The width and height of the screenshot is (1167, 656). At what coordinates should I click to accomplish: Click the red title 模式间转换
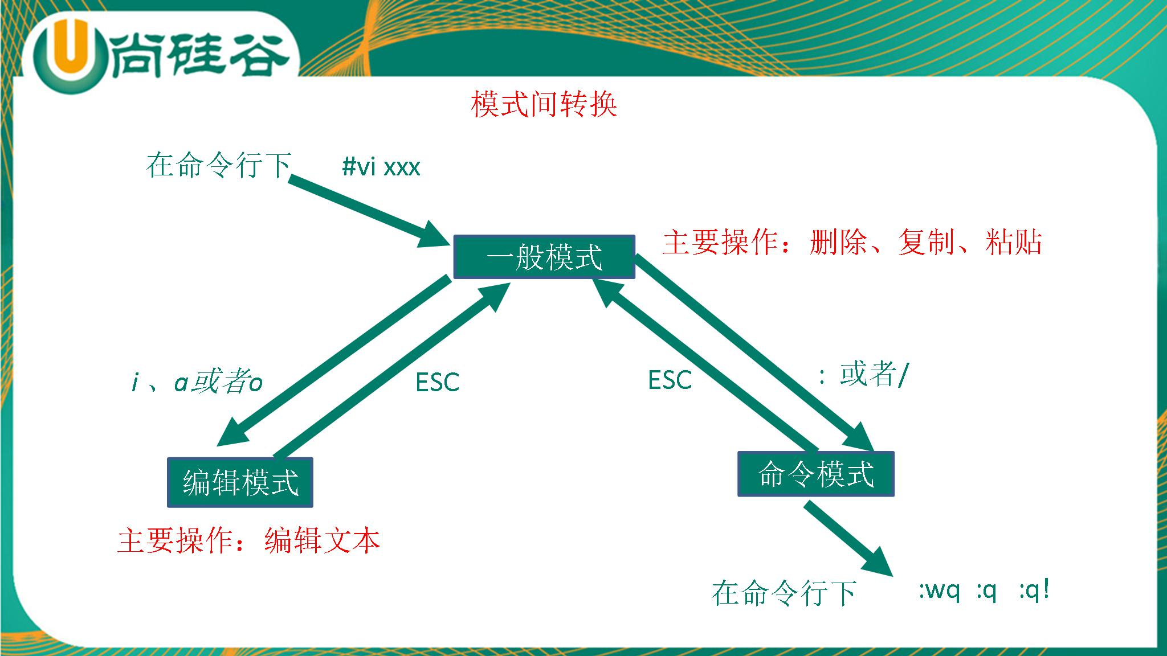(x=544, y=105)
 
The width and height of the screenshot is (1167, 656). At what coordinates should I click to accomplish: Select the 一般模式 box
(x=544, y=257)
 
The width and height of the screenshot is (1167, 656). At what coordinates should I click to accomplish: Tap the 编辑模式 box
(x=240, y=482)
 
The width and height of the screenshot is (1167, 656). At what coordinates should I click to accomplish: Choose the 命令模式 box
(x=815, y=474)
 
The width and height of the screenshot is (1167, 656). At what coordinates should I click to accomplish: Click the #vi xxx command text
(x=381, y=167)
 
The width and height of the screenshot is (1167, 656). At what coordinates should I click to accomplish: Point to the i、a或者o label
(x=197, y=382)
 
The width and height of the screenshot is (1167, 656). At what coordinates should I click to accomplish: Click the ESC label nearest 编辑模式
(x=437, y=383)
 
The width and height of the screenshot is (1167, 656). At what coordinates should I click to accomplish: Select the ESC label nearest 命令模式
(x=670, y=380)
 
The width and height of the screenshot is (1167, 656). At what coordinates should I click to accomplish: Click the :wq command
(x=939, y=591)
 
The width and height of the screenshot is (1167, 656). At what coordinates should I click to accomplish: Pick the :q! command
(x=1034, y=591)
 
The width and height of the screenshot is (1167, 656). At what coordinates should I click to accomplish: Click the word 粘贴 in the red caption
(x=1014, y=242)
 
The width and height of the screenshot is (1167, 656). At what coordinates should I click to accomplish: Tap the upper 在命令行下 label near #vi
(x=219, y=165)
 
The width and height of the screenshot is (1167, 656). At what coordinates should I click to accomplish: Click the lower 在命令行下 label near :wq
(x=784, y=593)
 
